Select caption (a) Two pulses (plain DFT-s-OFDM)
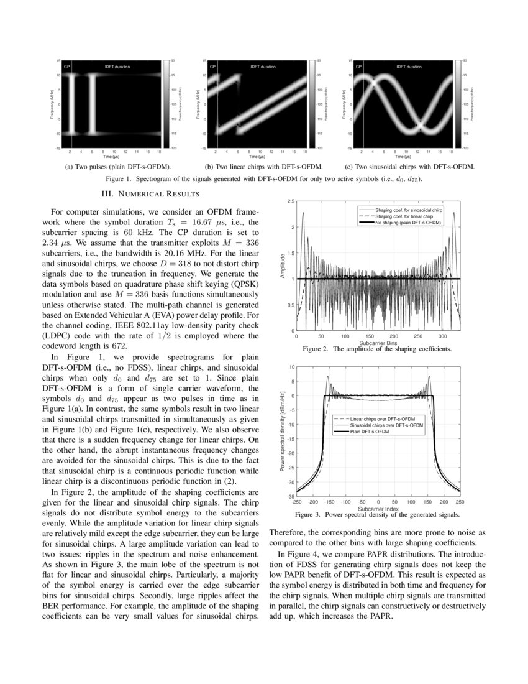pos(118,167)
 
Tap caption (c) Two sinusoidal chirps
pos(410,167)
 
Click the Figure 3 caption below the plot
pos(377,514)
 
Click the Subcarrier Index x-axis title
pos(377,508)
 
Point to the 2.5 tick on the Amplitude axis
pos(290,202)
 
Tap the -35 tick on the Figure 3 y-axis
pos(289,496)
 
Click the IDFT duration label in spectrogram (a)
pos(117,66)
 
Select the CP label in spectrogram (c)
pos(357,66)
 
